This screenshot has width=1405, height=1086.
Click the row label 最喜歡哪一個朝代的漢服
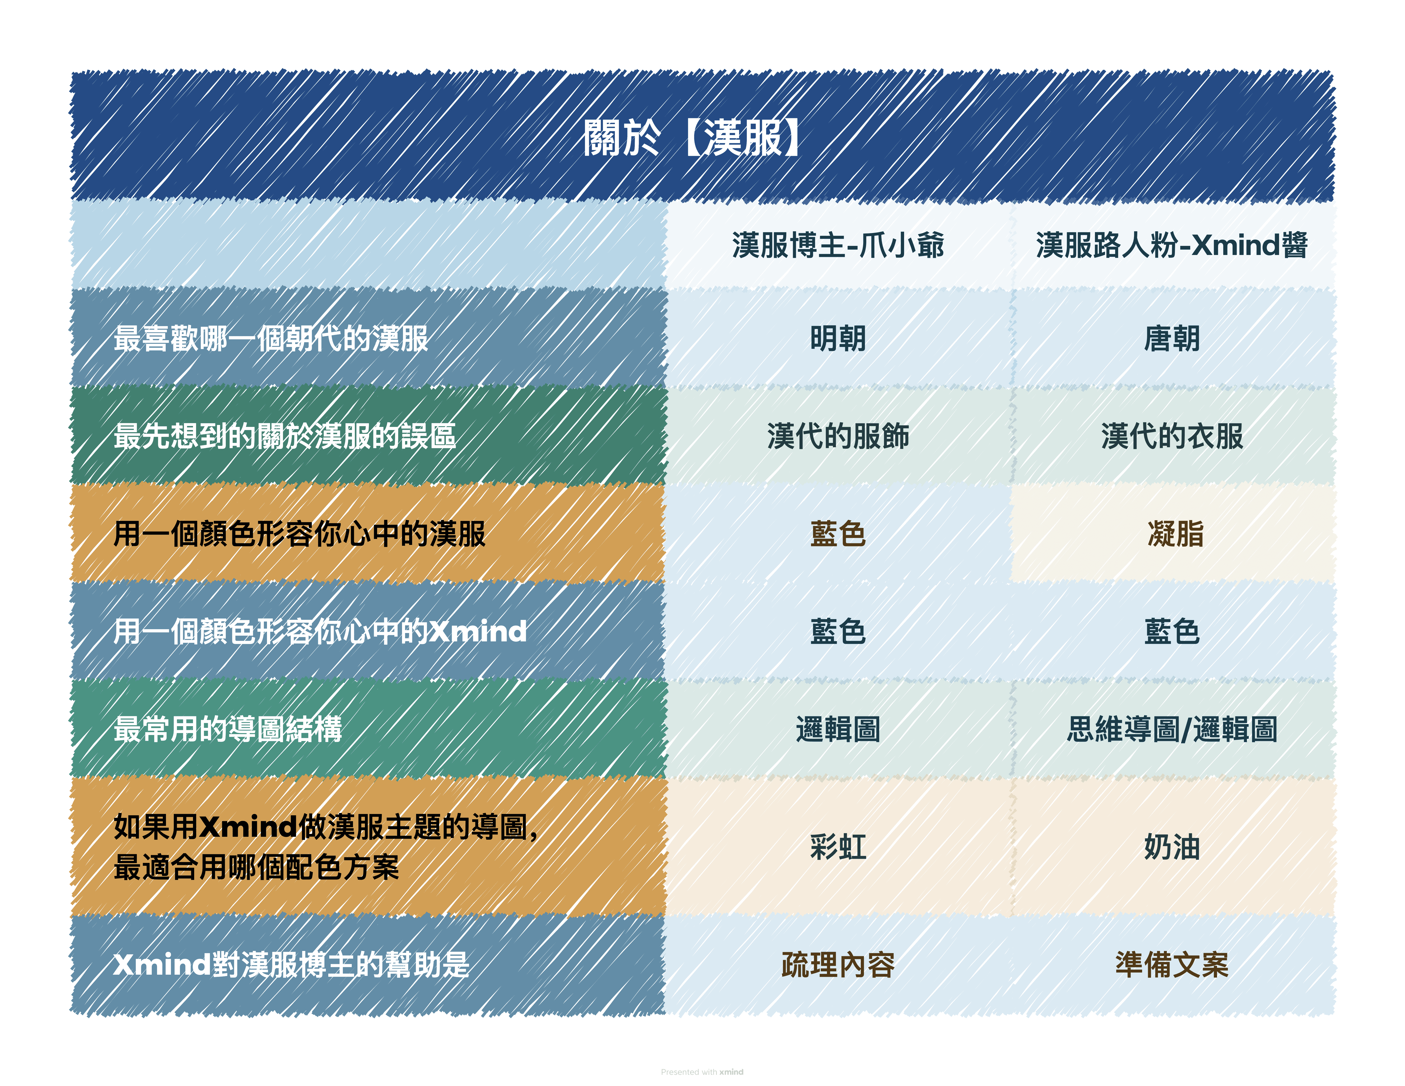coord(271,338)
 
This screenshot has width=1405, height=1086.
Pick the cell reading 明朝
coord(838,338)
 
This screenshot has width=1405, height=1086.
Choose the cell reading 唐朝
coord(1172,338)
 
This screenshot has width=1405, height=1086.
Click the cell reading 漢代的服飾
coord(838,436)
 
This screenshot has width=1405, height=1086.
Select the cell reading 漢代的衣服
coord(1172,436)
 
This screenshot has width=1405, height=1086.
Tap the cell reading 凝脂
coord(1175,533)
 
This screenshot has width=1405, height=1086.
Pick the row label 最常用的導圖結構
coord(228,729)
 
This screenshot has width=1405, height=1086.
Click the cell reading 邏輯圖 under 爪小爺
coord(838,729)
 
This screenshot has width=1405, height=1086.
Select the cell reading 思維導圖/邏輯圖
coord(1172,729)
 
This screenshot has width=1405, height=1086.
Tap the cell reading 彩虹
coord(838,847)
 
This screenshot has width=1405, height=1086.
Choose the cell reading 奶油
coord(1172,847)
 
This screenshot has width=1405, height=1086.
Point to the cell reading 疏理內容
coord(838,964)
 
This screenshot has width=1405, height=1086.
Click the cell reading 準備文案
coord(1172,964)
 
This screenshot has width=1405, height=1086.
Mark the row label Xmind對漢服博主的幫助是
coord(291,964)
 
